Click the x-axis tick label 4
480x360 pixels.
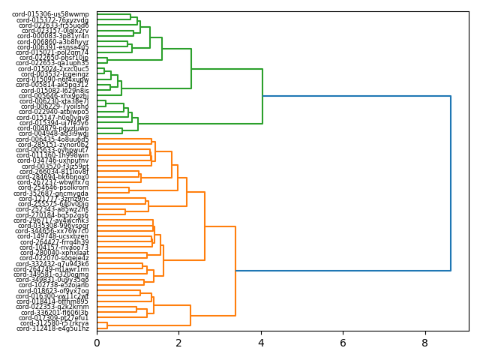(261, 343)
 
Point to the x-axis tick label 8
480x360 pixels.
(425, 343)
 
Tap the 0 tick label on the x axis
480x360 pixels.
(97, 343)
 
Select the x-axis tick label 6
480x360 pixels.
(343, 343)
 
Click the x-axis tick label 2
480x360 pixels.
(178, 343)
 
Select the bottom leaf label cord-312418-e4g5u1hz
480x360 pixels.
(53, 328)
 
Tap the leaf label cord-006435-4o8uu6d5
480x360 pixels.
(53, 139)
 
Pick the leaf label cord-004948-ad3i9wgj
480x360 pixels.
(53, 133)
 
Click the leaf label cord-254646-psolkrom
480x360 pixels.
(53, 187)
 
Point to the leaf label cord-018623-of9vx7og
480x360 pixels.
(53, 291)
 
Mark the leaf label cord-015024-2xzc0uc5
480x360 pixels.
(53, 69)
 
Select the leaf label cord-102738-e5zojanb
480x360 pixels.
(53, 285)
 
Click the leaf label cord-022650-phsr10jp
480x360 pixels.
(53, 58)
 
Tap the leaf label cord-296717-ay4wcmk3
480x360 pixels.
(53, 220)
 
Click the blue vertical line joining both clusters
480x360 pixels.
(450, 183)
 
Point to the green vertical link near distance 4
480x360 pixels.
(262, 96)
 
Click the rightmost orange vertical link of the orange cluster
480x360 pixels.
(235, 270)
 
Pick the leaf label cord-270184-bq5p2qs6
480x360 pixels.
(53, 215)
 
